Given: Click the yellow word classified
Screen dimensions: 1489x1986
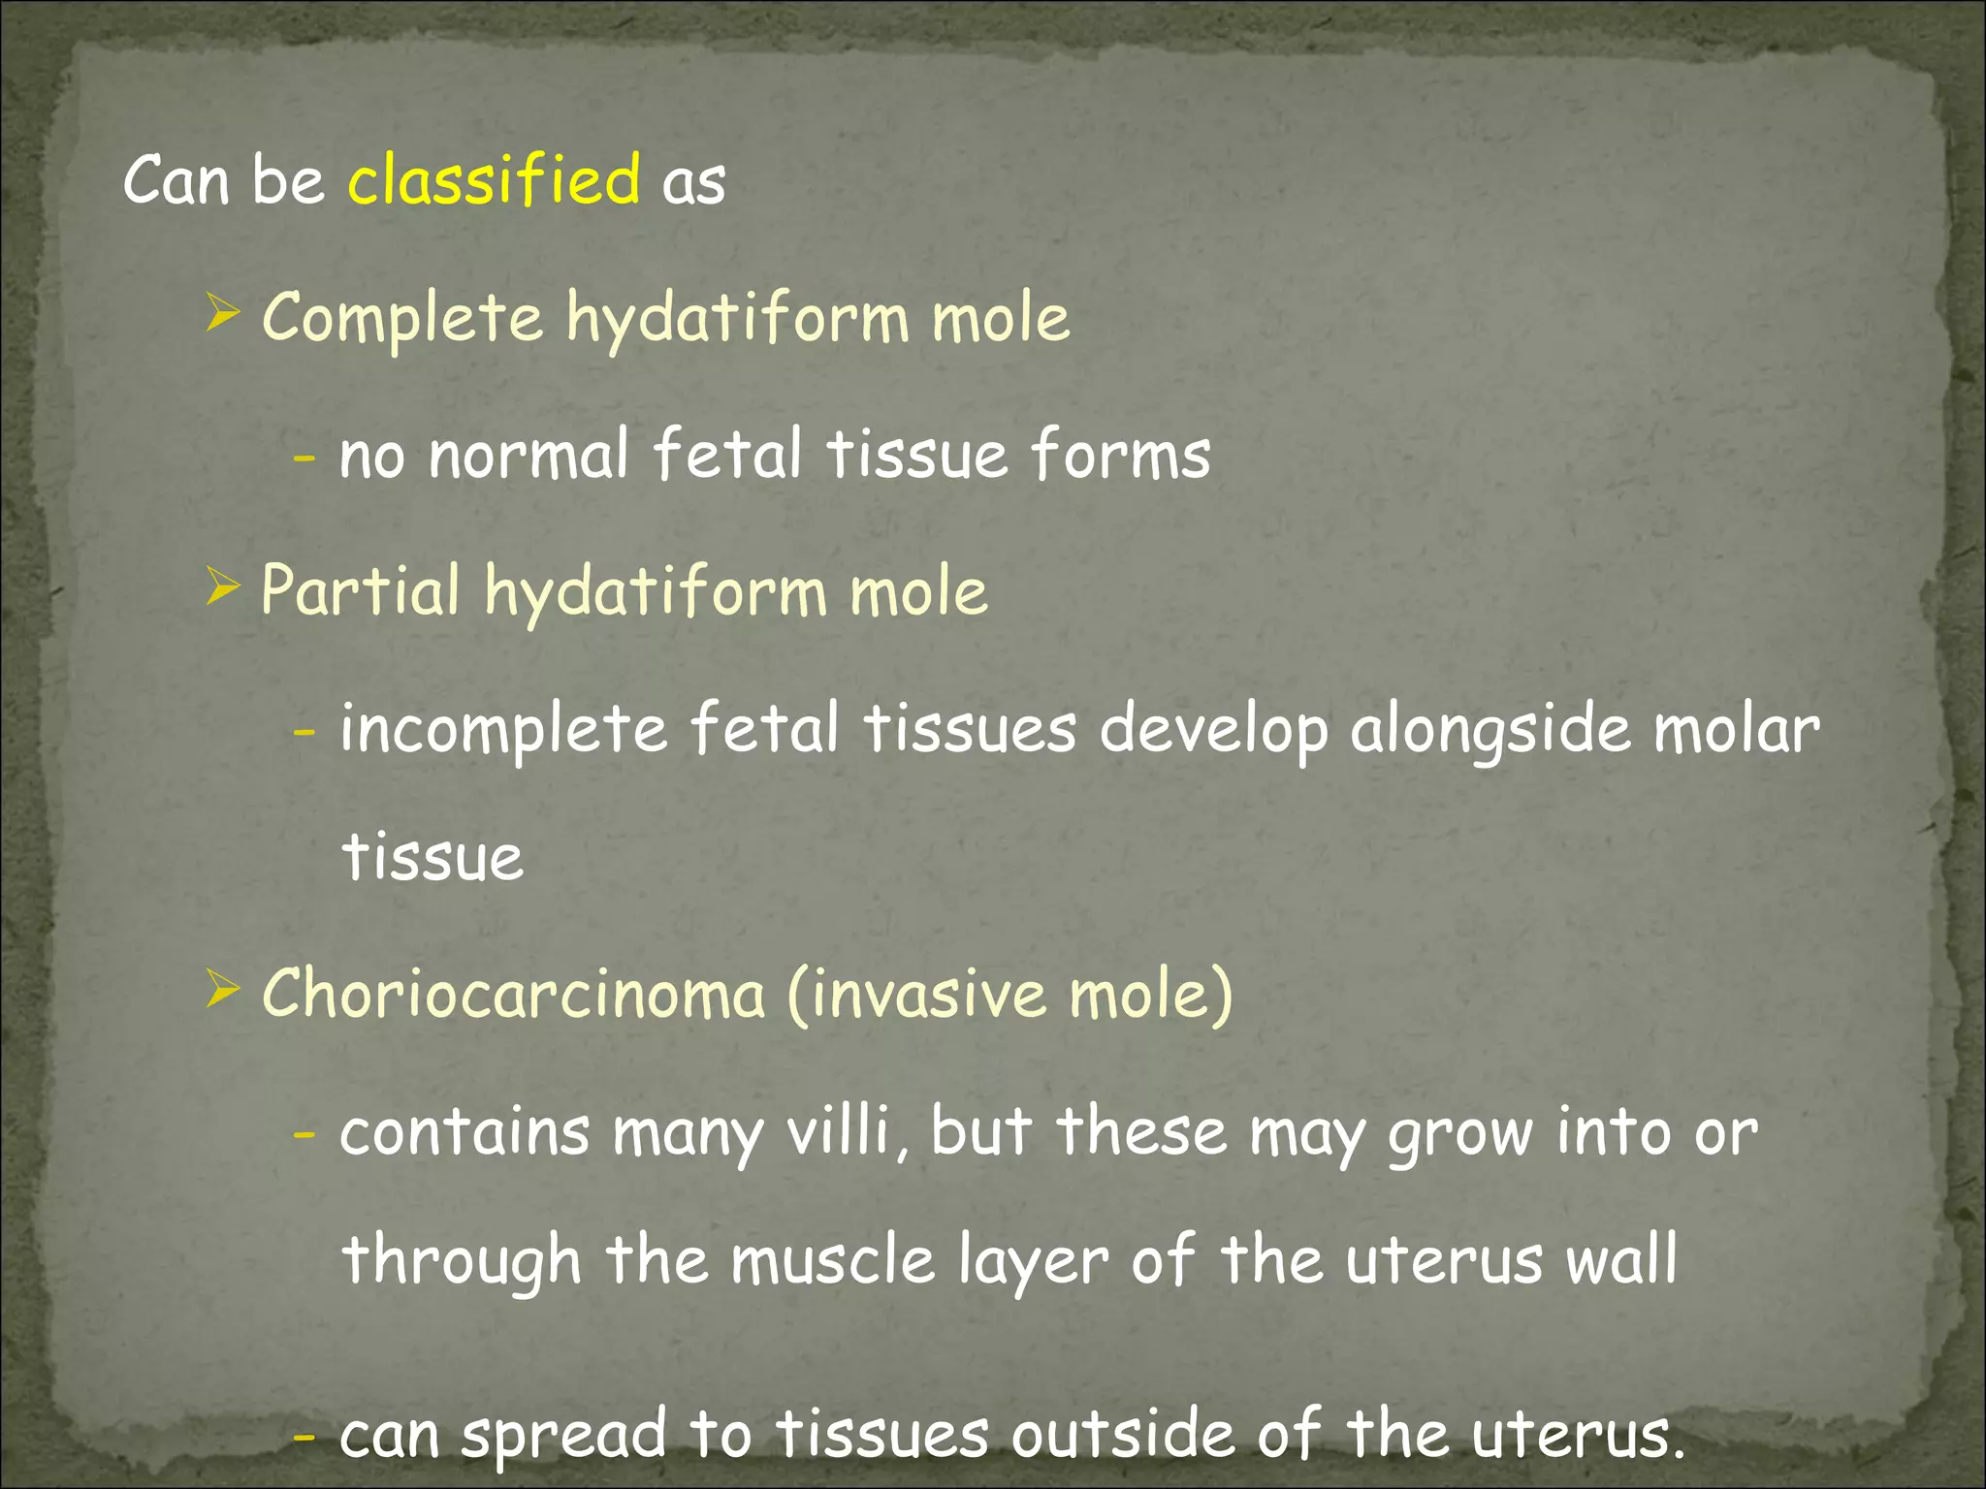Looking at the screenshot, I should (x=494, y=179).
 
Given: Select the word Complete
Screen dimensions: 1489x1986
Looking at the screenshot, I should (x=402, y=318).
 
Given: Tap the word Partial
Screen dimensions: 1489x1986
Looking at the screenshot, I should (x=360, y=590).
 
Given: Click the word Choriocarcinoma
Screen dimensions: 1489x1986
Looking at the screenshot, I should (x=514, y=995).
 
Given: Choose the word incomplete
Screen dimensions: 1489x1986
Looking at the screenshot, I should (x=503, y=729).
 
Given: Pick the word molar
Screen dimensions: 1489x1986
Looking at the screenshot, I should (x=1736, y=729).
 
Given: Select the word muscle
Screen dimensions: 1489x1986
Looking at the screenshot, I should (x=832, y=1259).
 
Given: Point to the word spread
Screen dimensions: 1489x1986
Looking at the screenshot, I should (x=563, y=1435).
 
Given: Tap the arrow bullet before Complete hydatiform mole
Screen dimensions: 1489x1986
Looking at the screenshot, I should (x=222, y=315).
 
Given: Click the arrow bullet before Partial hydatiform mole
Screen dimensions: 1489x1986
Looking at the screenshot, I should (x=222, y=587).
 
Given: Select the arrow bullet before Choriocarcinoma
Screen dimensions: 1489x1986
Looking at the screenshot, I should (x=222, y=992).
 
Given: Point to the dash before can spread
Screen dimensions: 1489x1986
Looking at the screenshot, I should (x=304, y=1435).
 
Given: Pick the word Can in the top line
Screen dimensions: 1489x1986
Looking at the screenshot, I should (x=176, y=179).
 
